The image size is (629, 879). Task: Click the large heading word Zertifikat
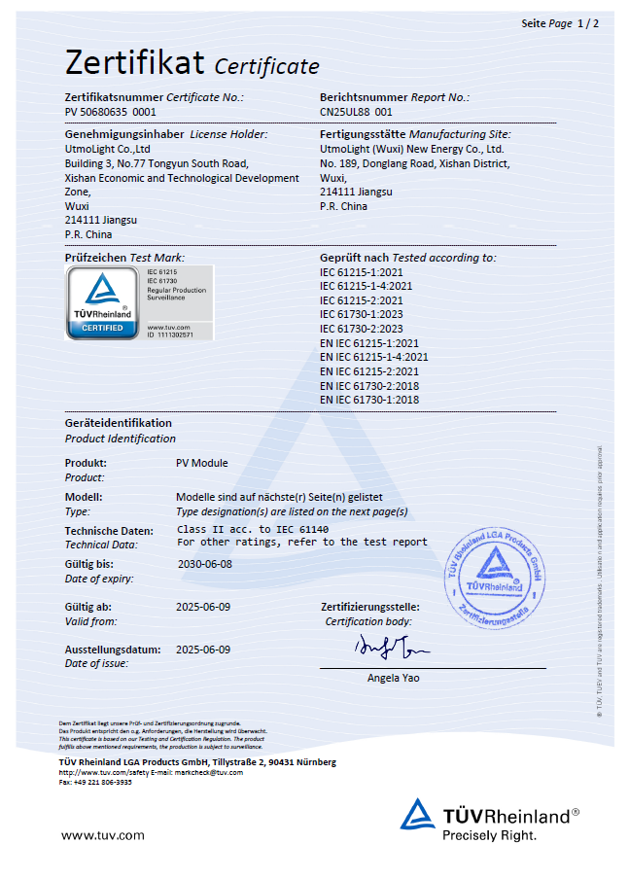coord(134,63)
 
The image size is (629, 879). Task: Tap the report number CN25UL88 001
coord(356,113)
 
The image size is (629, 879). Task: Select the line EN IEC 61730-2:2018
coord(369,385)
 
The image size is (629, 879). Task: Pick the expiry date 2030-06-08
coord(205,564)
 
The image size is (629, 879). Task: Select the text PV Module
coord(202,463)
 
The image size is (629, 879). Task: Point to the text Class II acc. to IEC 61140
coord(253,528)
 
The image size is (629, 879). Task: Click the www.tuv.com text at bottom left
coord(103,834)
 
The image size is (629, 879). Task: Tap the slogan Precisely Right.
coord(489,835)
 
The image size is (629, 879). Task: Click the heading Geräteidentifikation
coord(118,423)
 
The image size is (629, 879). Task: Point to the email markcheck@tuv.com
coord(210,772)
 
